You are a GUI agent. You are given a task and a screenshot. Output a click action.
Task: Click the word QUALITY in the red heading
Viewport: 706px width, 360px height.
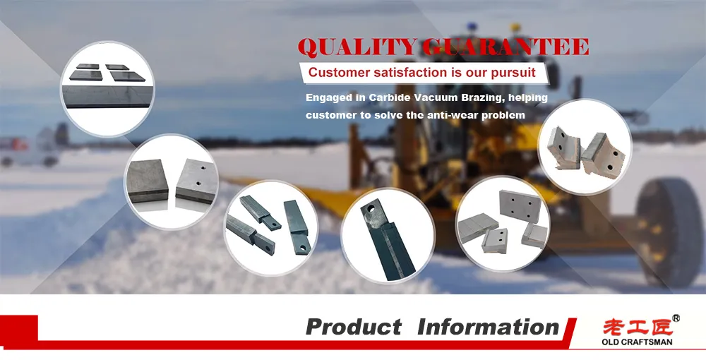click(x=357, y=47)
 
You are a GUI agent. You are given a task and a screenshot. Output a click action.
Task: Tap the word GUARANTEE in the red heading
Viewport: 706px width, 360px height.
click(x=505, y=47)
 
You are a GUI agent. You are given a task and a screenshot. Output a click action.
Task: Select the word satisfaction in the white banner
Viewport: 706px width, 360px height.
click(x=398, y=73)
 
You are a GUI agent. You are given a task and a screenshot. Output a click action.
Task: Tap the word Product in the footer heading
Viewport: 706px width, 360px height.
click(x=354, y=327)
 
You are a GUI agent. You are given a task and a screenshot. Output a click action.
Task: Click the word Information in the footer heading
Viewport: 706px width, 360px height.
click(x=489, y=327)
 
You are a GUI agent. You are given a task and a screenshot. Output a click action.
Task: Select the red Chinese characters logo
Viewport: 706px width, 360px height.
click(x=638, y=326)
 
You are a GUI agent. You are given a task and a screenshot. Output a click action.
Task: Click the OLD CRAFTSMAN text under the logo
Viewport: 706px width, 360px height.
click(x=637, y=342)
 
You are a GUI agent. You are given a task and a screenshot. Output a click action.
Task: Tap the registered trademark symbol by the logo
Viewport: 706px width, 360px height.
click(x=676, y=318)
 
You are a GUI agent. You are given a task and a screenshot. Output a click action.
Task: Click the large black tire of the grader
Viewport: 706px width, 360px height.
click(x=669, y=232)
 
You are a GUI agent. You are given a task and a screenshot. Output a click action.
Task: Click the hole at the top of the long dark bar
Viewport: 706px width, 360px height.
click(x=371, y=209)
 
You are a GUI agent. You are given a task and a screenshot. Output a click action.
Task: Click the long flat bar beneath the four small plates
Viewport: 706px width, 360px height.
click(x=107, y=96)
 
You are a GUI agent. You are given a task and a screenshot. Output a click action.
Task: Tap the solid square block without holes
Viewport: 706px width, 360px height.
click(x=148, y=181)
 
